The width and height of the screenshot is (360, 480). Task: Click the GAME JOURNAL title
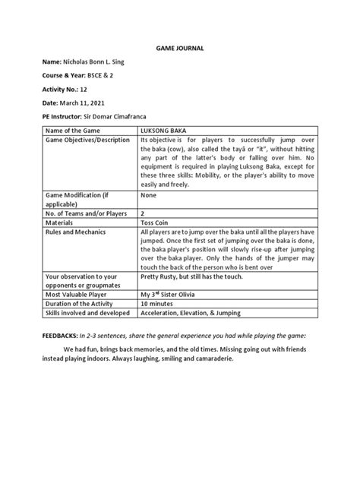pos(180,48)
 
